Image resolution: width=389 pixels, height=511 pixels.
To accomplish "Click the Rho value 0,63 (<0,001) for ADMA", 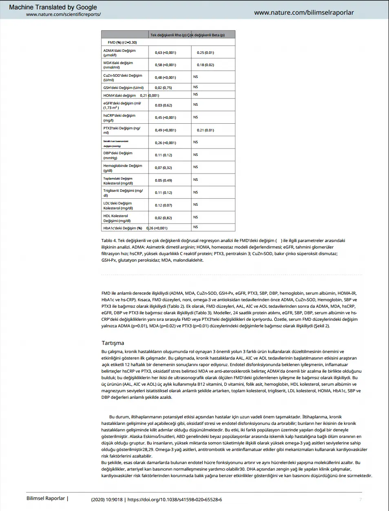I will (165, 53).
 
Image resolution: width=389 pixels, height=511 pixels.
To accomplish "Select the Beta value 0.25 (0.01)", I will (205, 53).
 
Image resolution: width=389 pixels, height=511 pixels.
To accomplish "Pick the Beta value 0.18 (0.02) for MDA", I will (205, 65).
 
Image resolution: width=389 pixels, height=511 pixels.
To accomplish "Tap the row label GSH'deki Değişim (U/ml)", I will (123, 88).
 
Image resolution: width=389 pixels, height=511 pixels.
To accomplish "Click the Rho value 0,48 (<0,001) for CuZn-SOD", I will (165, 78).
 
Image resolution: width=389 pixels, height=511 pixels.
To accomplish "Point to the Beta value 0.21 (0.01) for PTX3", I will (205, 130).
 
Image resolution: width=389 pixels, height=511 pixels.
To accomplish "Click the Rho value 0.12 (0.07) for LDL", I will (163, 205).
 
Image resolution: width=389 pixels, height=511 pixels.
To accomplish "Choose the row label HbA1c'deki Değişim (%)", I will (122, 228).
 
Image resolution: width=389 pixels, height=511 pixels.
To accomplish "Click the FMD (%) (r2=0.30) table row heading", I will (122, 42).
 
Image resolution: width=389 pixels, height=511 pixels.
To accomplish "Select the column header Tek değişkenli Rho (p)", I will (168, 35).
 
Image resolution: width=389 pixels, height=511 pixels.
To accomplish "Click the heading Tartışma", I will (113, 343).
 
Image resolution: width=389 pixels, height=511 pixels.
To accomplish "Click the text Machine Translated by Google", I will (53, 7).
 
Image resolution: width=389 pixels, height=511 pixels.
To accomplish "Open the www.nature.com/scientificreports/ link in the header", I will (63, 14).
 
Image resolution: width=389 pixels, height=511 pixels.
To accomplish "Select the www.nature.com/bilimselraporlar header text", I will (304, 13).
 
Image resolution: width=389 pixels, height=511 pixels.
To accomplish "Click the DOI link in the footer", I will (175, 500).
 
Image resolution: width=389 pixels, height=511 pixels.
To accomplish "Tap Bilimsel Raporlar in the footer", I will (46, 498).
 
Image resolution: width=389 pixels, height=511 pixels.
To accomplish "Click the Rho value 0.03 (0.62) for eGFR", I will (163, 105).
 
